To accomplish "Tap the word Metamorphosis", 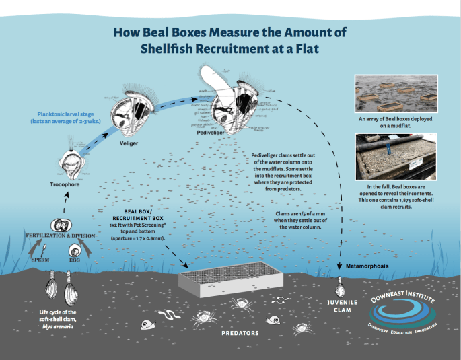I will tap(367, 265).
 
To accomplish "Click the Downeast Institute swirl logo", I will tap(402, 309).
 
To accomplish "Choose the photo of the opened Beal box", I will tap(396, 155).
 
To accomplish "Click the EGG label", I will tap(74, 258).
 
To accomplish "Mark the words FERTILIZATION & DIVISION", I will tap(59, 237).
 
